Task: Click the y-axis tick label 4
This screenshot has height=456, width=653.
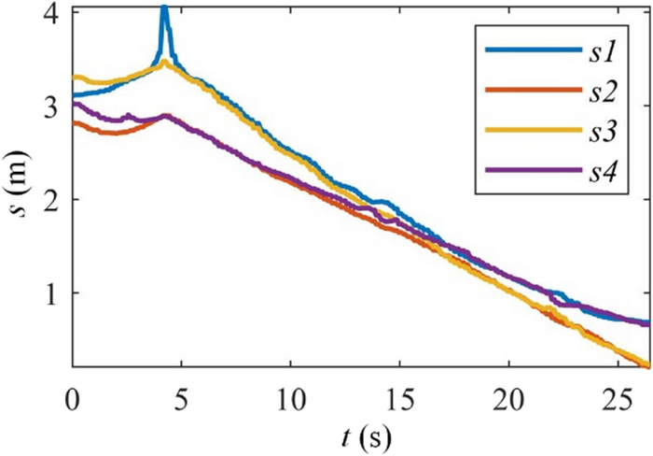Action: (53, 14)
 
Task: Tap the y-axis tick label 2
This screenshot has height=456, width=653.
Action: (53, 199)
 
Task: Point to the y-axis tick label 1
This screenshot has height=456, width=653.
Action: (53, 292)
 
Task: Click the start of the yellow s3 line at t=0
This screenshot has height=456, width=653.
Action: (75, 78)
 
